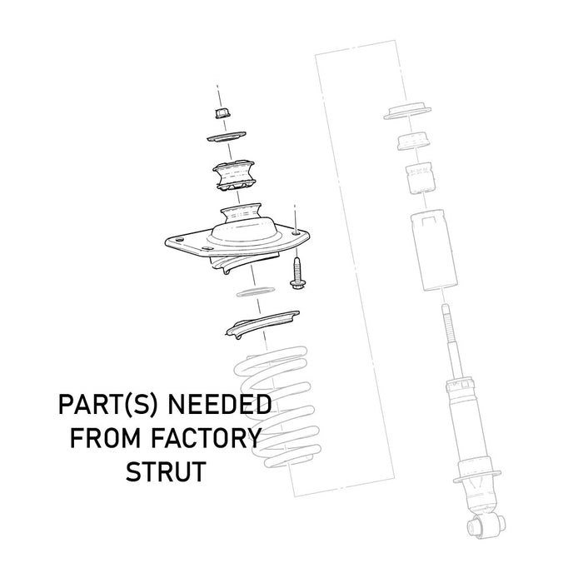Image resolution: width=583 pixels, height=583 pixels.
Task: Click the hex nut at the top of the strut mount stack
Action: [222, 112]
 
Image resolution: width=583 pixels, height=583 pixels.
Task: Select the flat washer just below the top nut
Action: [227, 137]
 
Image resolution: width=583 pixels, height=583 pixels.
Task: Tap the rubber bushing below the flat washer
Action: [233, 176]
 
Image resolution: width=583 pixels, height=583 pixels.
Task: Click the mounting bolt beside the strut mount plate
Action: [297, 274]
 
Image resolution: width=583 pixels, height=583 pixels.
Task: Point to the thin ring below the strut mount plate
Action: [255, 291]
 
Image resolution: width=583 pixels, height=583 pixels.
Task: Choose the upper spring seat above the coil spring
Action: [262, 324]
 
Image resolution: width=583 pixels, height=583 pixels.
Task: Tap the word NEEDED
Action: [219, 405]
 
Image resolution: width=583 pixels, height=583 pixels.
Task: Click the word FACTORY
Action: [207, 438]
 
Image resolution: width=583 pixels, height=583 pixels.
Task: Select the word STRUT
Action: [166, 471]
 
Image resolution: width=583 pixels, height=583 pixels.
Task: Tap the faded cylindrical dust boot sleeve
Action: [434, 250]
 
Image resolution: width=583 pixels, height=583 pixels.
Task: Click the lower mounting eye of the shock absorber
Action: [486, 525]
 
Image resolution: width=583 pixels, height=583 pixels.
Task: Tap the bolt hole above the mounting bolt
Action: [296, 233]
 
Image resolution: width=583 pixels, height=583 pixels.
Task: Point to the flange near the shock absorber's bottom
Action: [477, 476]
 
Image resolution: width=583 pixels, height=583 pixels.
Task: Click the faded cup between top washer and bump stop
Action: [414, 141]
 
